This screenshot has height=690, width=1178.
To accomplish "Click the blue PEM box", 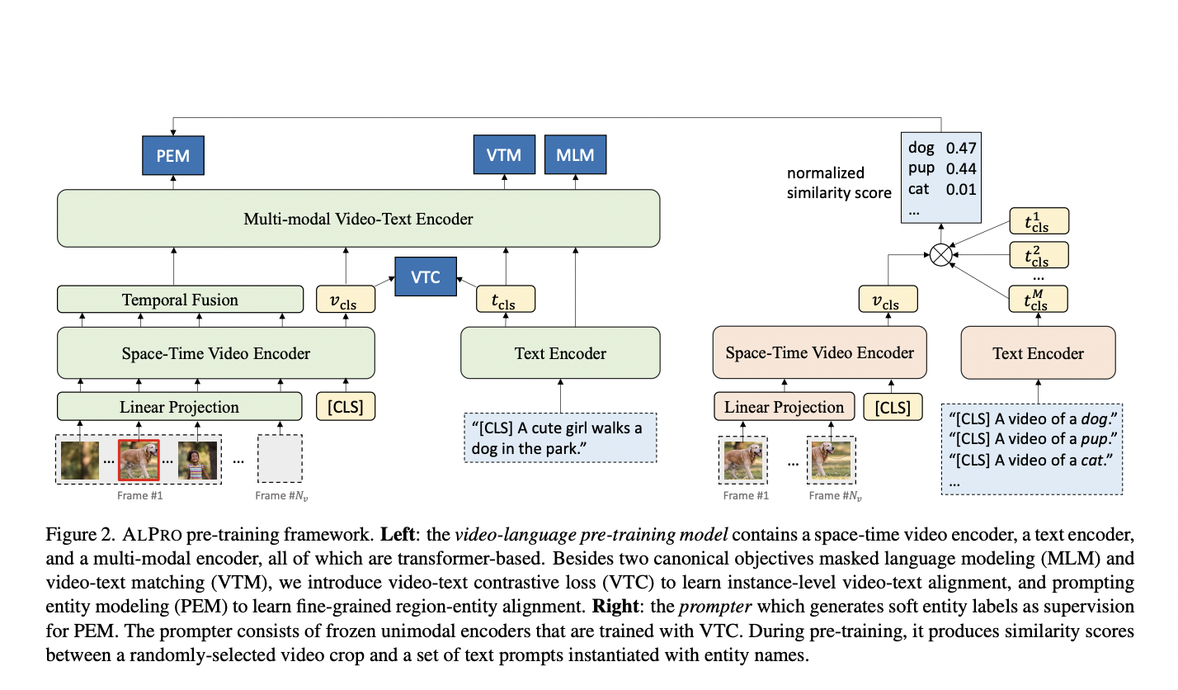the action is (173, 155).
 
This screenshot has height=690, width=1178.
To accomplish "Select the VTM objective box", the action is (504, 154).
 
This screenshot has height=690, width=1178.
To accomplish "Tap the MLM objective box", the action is (575, 154).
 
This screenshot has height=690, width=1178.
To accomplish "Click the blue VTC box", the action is (426, 276).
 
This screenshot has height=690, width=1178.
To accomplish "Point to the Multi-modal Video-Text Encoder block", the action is (358, 219).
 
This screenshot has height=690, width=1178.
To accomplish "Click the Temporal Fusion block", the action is (180, 300).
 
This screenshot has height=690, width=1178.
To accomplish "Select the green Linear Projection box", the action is (179, 406).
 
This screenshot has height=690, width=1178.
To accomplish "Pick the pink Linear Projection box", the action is (784, 406).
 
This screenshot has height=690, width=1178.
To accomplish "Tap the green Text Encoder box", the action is (560, 352).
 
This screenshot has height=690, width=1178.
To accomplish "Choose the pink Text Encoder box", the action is (1038, 352).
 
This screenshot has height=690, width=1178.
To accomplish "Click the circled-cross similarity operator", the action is (940, 255).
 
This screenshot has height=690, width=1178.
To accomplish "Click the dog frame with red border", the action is (139, 460).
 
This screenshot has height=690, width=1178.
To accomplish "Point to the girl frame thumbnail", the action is (197, 460).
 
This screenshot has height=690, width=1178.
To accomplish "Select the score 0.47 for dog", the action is (961, 148).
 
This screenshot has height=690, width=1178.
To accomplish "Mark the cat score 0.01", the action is (961, 189).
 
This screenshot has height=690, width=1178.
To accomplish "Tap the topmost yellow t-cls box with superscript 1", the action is (1039, 220).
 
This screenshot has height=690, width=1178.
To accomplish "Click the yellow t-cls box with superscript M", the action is (1038, 299).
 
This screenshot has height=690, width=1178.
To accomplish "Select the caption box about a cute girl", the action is (560, 438).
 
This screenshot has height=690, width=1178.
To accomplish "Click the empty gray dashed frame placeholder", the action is (280, 458).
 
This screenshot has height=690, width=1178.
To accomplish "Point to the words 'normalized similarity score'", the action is (839, 182).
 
